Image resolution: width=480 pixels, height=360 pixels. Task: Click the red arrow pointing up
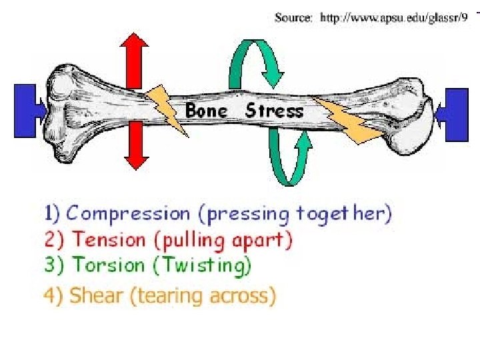tap(136, 56)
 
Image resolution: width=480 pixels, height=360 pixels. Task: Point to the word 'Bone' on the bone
tap(206, 110)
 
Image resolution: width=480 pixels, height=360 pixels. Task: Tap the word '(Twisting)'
tap(203, 265)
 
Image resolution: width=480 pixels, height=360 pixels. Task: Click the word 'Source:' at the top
tap(293, 18)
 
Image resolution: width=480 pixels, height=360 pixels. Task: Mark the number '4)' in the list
tap(55, 295)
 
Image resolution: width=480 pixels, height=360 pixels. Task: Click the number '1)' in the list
tap(53, 214)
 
